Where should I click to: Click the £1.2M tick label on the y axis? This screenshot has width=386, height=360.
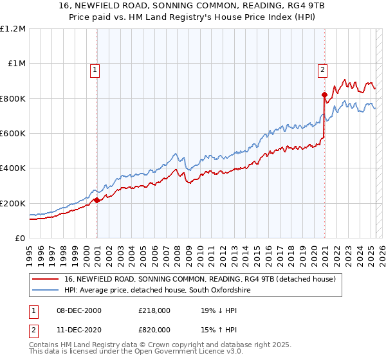(13, 29)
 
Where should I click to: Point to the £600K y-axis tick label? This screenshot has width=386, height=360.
(13, 134)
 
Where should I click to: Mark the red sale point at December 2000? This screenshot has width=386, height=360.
(96, 200)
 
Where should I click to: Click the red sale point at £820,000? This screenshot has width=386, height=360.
(324, 95)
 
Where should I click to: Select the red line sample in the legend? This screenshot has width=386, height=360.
(46, 280)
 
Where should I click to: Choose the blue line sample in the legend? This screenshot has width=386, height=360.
(46, 291)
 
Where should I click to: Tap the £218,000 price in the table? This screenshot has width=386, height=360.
(155, 310)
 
